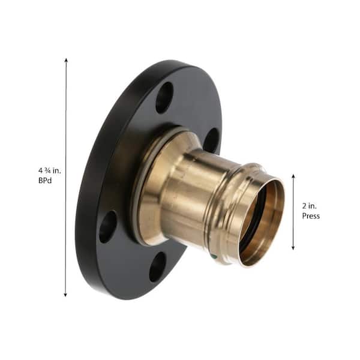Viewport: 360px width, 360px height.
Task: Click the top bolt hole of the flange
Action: pos(164,98)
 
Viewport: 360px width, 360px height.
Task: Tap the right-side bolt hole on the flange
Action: pos(211,140)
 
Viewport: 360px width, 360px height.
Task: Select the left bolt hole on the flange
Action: pos(108,226)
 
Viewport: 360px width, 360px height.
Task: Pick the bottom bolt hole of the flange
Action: pos(157,267)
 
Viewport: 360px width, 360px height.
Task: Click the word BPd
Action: pos(45,181)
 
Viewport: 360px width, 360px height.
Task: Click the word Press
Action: pos(311,216)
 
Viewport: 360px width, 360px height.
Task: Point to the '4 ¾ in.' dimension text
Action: pos(50,170)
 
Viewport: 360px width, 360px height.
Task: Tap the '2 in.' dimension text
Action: pos(309,206)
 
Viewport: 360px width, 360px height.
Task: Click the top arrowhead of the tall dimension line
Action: pos(66,60)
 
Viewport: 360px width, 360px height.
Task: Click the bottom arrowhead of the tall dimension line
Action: pos(65,295)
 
